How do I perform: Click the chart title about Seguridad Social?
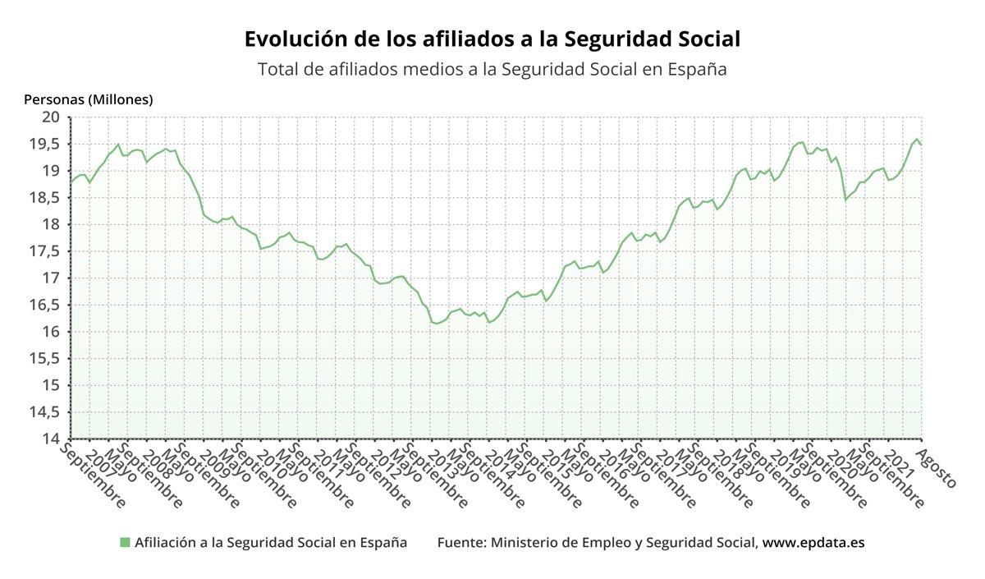492,39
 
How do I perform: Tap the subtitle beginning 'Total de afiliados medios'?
492,69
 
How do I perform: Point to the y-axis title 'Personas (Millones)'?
89,99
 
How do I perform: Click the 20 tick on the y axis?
51,117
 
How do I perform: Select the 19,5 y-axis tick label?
45,145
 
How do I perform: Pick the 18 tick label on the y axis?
51,224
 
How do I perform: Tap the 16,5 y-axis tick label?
45,305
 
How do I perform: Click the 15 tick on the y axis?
51,385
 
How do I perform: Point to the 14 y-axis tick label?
51,439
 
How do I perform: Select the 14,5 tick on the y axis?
45,411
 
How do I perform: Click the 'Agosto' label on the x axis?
937,469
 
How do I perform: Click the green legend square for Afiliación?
125,542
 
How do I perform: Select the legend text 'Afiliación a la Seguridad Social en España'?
271,542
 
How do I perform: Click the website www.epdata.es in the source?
813,542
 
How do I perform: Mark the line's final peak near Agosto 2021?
917,140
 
